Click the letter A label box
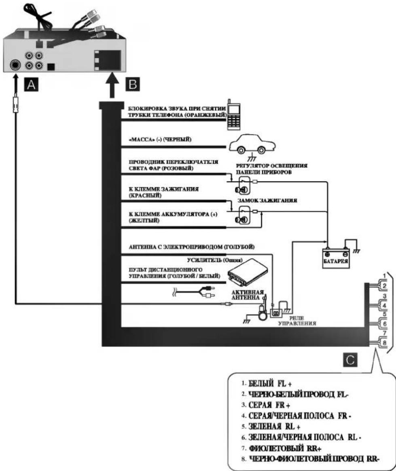tap(31, 85)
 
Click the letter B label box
tap(133, 84)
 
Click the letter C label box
tap(350, 360)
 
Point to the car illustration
tap(252, 144)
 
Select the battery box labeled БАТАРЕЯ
tap(336, 258)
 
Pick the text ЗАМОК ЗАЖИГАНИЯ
tap(267, 201)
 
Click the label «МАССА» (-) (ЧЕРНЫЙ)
tap(160, 139)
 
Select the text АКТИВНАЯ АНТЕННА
tap(248, 295)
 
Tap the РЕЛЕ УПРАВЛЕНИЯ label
tap(297, 321)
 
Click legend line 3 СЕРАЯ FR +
tap(266, 405)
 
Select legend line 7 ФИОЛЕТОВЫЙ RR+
tap(282, 448)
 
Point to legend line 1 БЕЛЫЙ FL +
tap(267, 384)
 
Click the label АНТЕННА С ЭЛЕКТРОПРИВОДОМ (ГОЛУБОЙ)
tap(191, 247)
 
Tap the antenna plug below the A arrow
tap(15, 105)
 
